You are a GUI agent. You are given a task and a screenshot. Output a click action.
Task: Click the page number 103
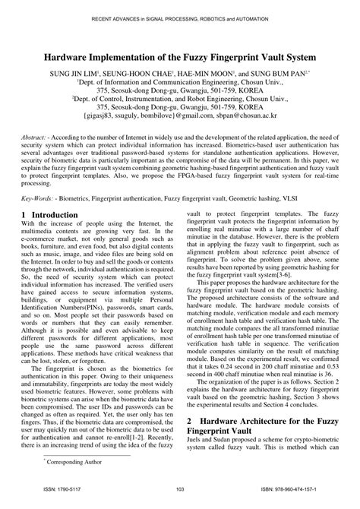[180, 501]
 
